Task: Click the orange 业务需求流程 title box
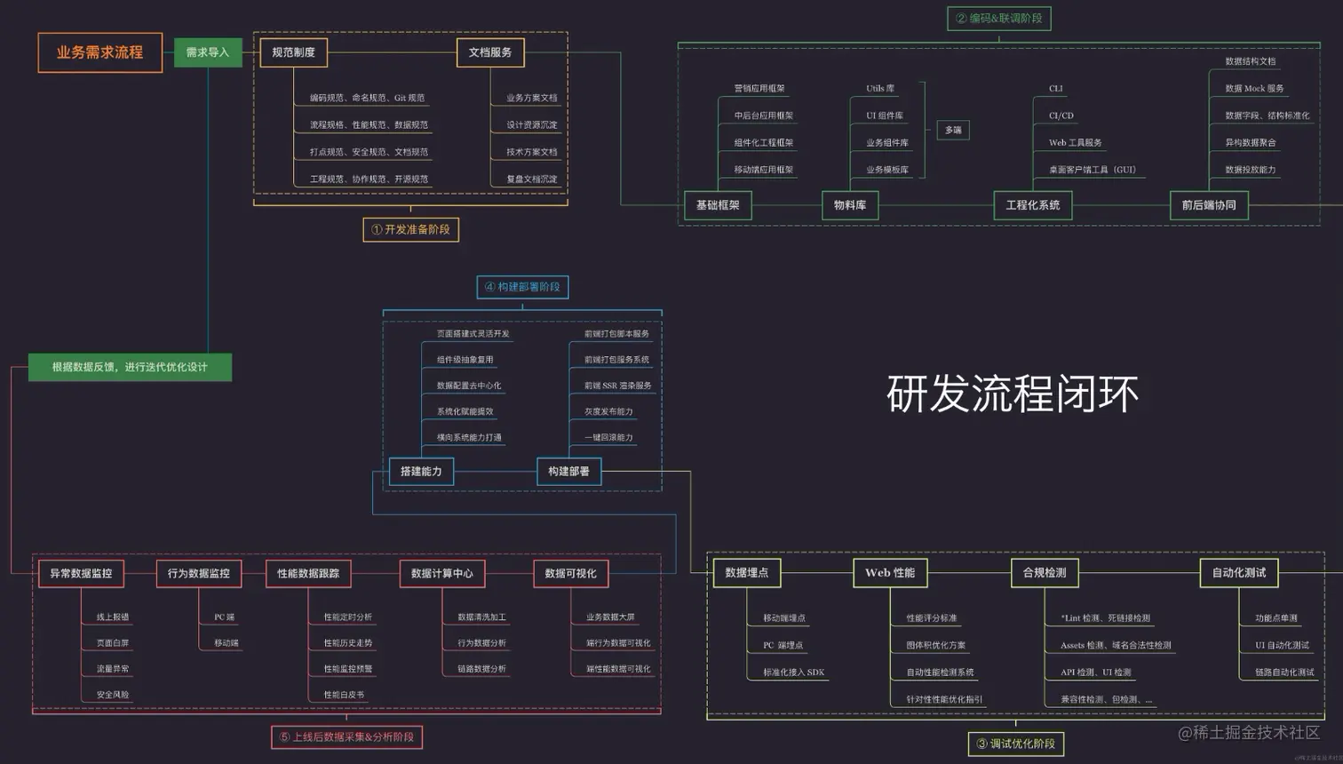[x=100, y=52]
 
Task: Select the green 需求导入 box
[x=208, y=52]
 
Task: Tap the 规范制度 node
[x=293, y=52]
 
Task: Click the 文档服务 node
[x=490, y=52]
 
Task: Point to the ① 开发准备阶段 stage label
[x=410, y=229]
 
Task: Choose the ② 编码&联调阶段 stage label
[x=999, y=18]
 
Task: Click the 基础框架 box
[x=718, y=205]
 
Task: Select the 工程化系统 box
[x=1032, y=205]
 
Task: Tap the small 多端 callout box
[x=953, y=130]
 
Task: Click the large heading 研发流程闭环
[x=1013, y=394]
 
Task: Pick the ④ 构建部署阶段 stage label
[x=522, y=287]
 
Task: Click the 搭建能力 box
[x=421, y=471]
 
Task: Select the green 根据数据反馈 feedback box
[x=130, y=367]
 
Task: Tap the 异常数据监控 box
[x=81, y=573]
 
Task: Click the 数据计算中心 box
[x=441, y=573]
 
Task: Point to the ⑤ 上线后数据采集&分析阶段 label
[x=346, y=736]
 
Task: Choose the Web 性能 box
[x=890, y=573]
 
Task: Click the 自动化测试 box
[x=1239, y=573]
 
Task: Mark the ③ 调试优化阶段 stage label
[x=1016, y=744]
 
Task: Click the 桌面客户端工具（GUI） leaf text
[x=1093, y=170]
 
